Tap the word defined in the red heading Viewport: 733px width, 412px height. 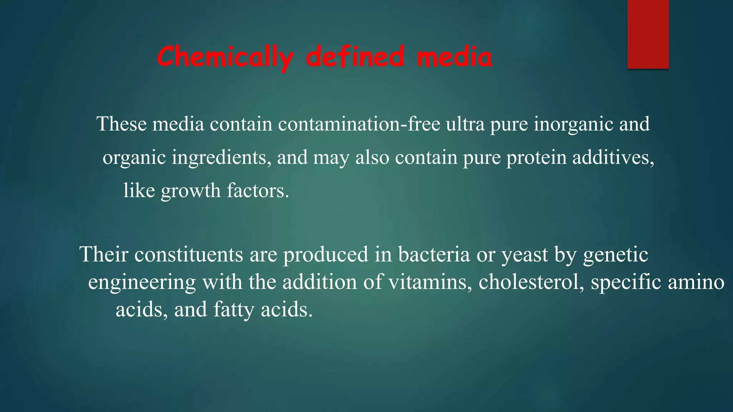pos(355,57)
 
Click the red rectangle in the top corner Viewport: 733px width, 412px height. pos(648,34)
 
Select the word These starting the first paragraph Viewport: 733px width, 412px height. pos(122,124)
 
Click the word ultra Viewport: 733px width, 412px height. pos(465,124)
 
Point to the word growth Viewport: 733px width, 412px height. pos(190,191)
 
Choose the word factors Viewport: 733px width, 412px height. pos(258,190)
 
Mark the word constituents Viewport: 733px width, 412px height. pos(189,254)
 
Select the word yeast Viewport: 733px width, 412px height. pos(525,255)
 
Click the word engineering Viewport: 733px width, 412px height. pos(142,283)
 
